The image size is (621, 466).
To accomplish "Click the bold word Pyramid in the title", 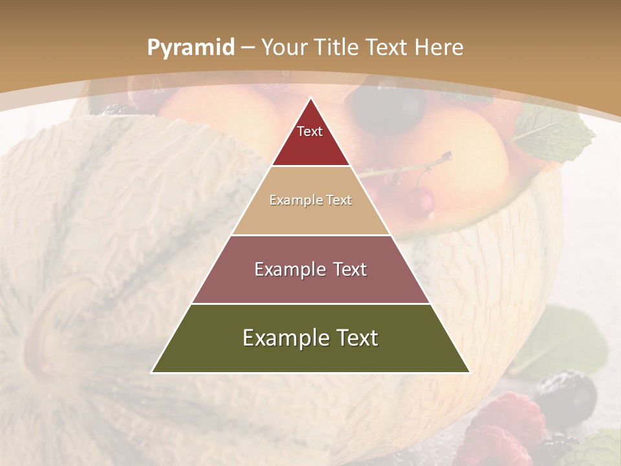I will tap(190, 48).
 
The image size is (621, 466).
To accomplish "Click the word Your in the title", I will tap(284, 47).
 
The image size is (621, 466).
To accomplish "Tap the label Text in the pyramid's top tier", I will tap(310, 131).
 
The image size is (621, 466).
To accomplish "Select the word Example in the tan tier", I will tap(294, 200).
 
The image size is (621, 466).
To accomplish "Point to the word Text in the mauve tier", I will tap(347, 269).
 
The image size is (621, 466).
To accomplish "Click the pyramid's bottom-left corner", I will tap(152, 372).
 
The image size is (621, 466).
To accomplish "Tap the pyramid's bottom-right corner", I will tap(470, 372).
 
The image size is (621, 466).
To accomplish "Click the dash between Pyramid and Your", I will tap(248, 47).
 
